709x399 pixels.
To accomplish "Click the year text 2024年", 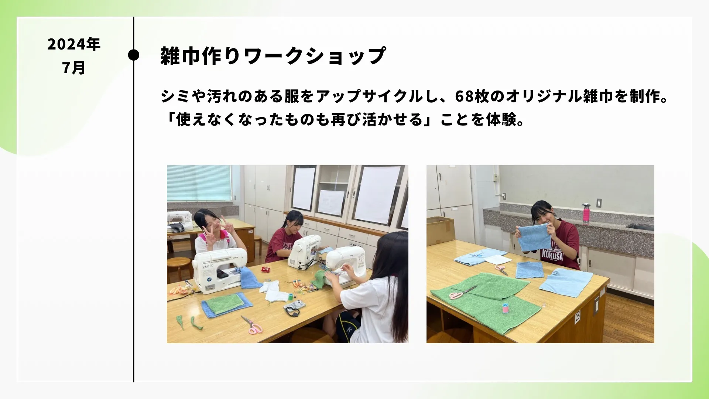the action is point(74,44).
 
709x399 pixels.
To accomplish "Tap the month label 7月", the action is point(74,68).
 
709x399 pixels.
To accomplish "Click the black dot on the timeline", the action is point(134,55).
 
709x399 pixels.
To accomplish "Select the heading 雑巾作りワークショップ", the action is point(273,56).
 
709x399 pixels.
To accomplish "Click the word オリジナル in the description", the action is point(543,96).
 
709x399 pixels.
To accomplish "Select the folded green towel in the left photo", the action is point(225,303).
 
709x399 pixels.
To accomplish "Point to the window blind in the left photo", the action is point(199,183).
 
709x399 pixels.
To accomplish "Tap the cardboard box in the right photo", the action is point(440,231).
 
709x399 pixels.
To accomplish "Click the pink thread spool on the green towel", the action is point(505,308).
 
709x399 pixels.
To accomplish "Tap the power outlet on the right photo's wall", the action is point(599,203).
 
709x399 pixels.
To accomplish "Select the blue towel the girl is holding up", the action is point(535,237).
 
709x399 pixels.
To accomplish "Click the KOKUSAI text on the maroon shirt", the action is point(552,254).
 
